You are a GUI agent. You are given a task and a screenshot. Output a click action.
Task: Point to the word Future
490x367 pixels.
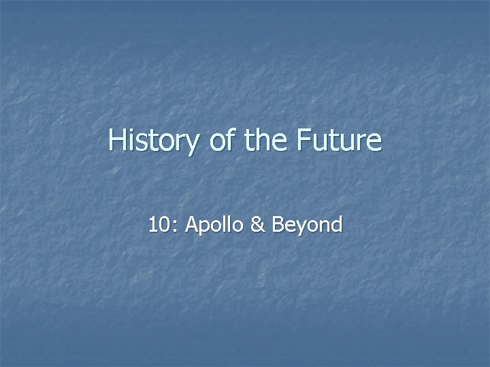click(x=339, y=141)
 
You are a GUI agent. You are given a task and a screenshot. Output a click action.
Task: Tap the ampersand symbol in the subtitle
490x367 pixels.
click(x=257, y=225)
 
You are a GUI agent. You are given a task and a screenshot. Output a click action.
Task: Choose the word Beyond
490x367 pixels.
click(x=306, y=225)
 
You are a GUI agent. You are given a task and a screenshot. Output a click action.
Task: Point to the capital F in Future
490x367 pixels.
click(x=304, y=141)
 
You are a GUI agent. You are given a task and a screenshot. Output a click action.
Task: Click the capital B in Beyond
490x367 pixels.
click(x=278, y=225)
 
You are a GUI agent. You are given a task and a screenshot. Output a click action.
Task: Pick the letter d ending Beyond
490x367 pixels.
click(x=336, y=225)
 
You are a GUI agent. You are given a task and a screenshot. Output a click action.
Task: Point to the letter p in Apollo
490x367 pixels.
click(x=203, y=227)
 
